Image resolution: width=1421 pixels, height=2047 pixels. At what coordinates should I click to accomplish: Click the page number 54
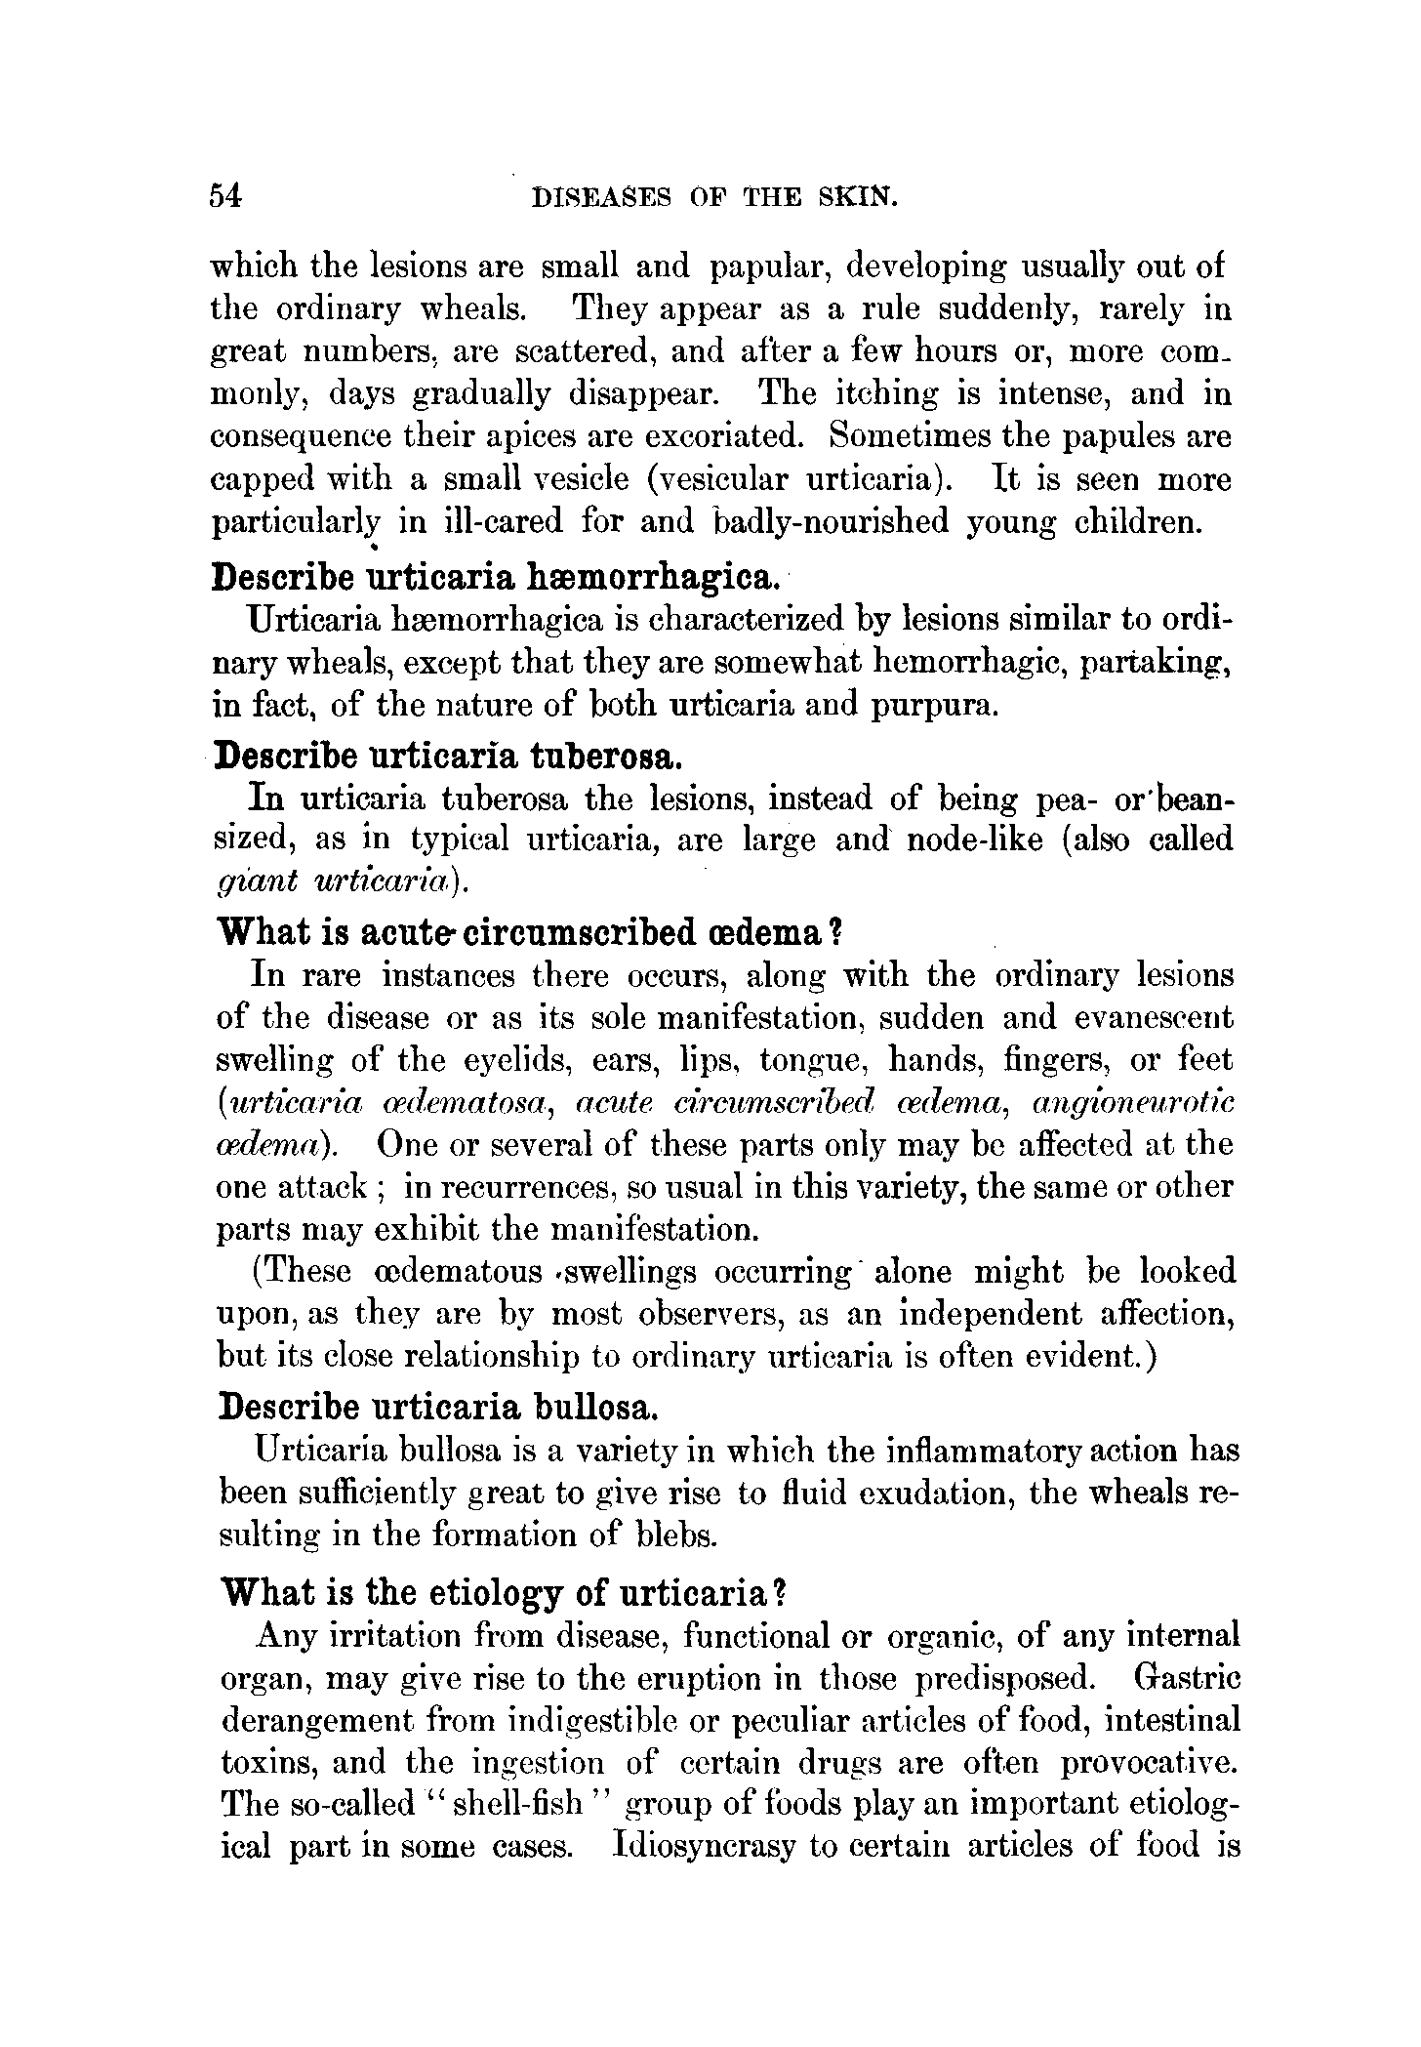coord(224,196)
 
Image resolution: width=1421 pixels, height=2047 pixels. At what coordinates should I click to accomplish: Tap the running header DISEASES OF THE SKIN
coord(712,197)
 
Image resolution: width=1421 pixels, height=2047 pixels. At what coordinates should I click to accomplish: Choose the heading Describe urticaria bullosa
coord(437,1407)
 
